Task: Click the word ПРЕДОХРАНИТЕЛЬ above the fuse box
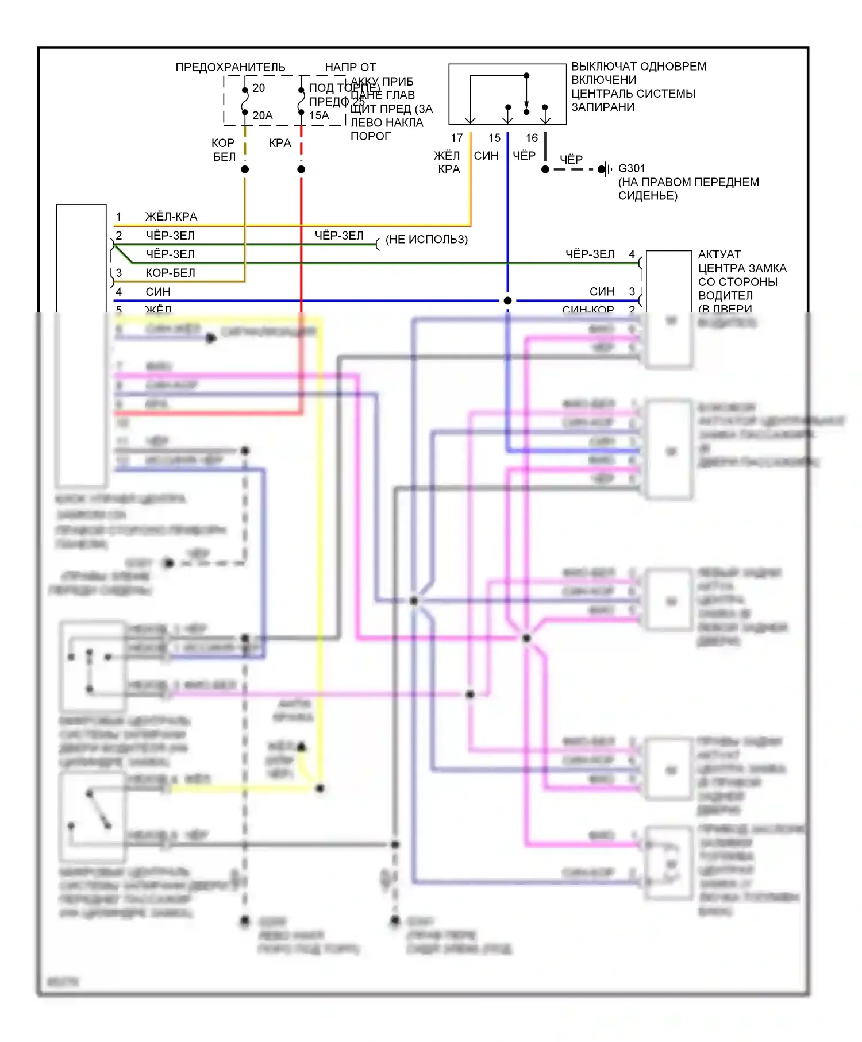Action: [x=230, y=67]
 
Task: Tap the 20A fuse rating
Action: [x=263, y=115]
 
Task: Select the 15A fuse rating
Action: [x=319, y=115]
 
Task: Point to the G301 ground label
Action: [x=632, y=168]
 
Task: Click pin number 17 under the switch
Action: [x=457, y=138]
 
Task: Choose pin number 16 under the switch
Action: [x=532, y=138]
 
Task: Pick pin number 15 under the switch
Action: [x=495, y=138]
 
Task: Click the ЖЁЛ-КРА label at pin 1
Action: [x=171, y=217]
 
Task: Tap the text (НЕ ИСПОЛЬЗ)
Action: [x=426, y=239]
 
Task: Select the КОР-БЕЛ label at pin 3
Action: [x=170, y=273]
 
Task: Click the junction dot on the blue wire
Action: [x=507, y=300]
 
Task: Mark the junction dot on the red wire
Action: [x=301, y=169]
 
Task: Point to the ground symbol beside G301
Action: [x=603, y=169]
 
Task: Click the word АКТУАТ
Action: [x=719, y=254]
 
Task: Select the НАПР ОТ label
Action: [x=351, y=67]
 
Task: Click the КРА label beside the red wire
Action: [x=280, y=143]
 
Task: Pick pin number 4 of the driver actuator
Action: [x=632, y=254]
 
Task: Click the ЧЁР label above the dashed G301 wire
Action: [x=571, y=159]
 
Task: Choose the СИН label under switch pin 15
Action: [x=486, y=156]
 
